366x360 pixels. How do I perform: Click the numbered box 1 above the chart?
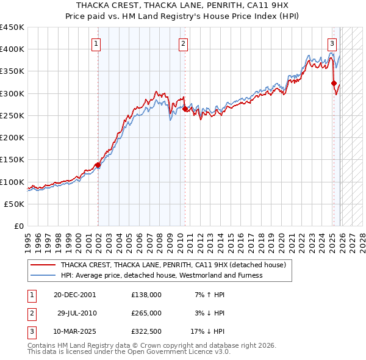(97, 43)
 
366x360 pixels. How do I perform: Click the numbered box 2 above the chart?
(183, 43)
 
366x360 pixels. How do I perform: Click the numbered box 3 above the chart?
(332, 43)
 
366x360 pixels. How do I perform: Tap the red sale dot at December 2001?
(98, 165)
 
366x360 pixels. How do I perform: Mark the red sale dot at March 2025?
(334, 84)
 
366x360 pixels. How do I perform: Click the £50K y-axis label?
(15, 204)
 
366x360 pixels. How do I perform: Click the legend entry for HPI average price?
(161, 275)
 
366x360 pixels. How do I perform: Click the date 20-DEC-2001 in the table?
(74, 295)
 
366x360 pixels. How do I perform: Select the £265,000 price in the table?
(146, 313)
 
